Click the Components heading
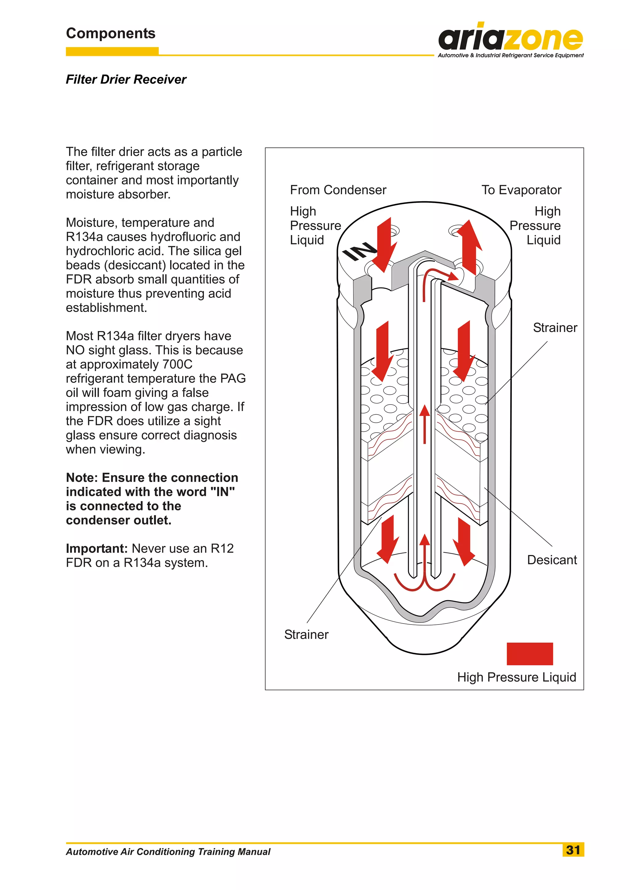[x=110, y=33]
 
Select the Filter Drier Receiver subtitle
[x=126, y=80]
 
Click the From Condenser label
[x=338, y=190]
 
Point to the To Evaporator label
[x=521, y=190]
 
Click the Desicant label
[x=552, y=560]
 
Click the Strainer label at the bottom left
[x=306, y=634]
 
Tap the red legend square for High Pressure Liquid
[x=529, y=654]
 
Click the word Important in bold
[x=97, y=549]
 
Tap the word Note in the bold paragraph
[x=82, y=477]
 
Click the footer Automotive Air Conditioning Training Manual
[x=168, y=852]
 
